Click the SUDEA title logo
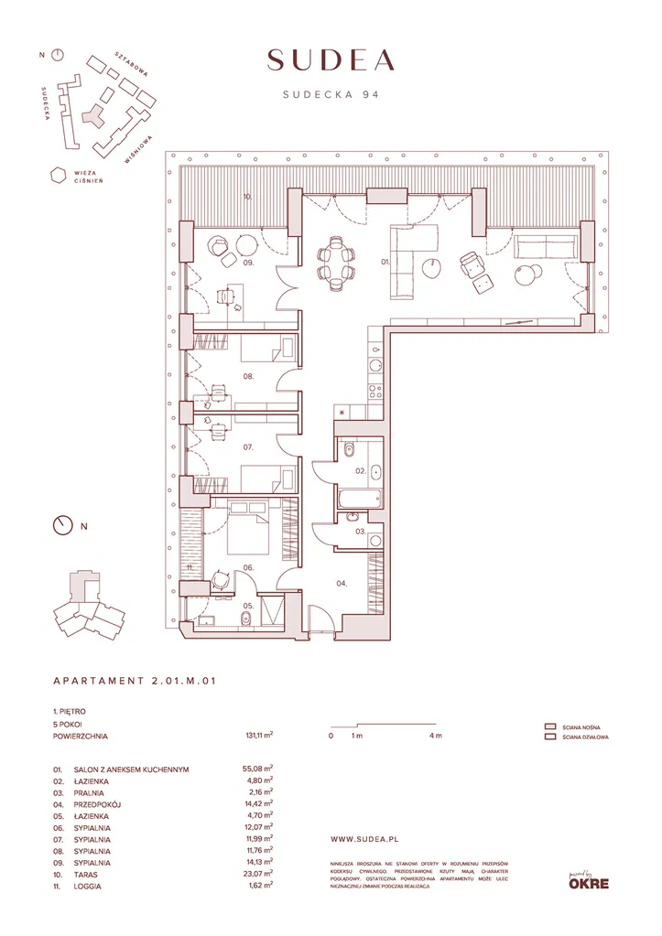pyautogui.click(x=331, y=59)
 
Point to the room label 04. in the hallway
pyautogui.click(x=341, y=583)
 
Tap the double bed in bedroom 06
pyautogui.click(x=248, y=530)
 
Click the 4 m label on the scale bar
pyautogui.click(x=437, y=736)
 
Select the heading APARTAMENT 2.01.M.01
pyautogui.click(x=135, y=681)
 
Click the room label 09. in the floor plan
pyautogui.click(x=248, y=264)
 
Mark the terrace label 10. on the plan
pyautogui.click(x=247, y=197)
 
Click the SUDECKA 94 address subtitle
pyautogui.click(x=331, y=93)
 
